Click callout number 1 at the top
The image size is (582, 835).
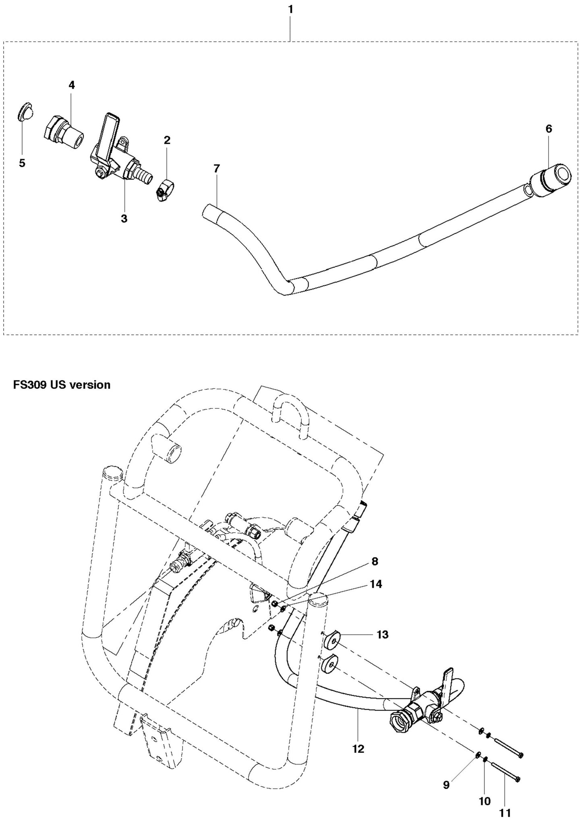click(x=290, y=9)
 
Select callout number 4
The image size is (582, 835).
click(x=71, y=85)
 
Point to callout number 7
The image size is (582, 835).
click(x=217, y=169)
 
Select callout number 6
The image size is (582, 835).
click(x=549, y=129)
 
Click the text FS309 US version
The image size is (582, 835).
click(x=62, y=384)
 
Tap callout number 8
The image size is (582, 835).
click(x=375, y=562)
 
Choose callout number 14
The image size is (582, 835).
click(x=376, y=584)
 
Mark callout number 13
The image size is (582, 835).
click(x=382, y=635)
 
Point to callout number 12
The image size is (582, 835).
click(x=358, y=748)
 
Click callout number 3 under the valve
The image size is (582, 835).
click(x=124, y=219)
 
